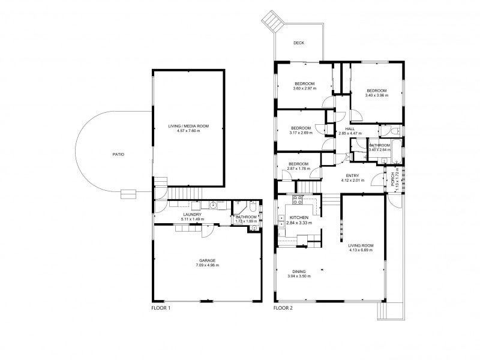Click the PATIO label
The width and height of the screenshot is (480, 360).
coord(118,154)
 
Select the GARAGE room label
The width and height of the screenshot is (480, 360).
coord(208,260)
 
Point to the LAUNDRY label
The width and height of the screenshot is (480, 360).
coord(192,214)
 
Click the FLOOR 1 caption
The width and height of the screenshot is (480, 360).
coord(161,308)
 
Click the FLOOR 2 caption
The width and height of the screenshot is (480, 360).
coord(283,308)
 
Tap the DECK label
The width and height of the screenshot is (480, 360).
coord(298,43)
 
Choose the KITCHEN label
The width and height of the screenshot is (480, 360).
coord(299,217)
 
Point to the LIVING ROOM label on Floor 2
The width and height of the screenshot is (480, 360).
coord(361,245)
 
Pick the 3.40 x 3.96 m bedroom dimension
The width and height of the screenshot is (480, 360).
coord(377,95)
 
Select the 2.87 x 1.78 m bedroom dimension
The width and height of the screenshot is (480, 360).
coord(298,169)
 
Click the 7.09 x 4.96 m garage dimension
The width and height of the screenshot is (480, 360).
coord(208,265)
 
